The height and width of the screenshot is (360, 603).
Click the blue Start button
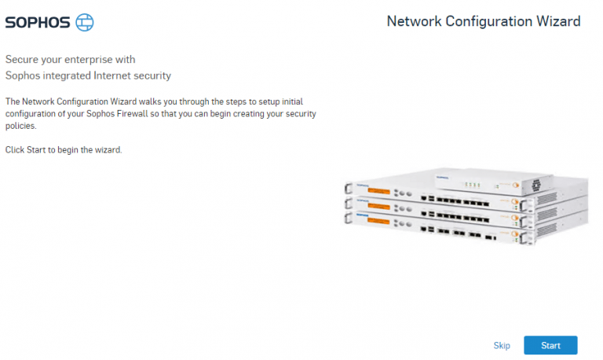pyautogui.click(x=550, y=346)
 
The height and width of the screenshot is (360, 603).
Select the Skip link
pyautogui.click(x=502, y=346)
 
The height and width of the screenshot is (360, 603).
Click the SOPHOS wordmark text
pyautogui.click(x=37, y=23)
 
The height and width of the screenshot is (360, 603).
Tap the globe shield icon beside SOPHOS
pyautogui.click(x=84, y=23)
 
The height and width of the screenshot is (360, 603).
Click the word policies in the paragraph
pyautogui.click(x=21, y=126)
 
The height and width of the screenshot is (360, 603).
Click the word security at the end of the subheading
pyautogui.click(x=153, y=75)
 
